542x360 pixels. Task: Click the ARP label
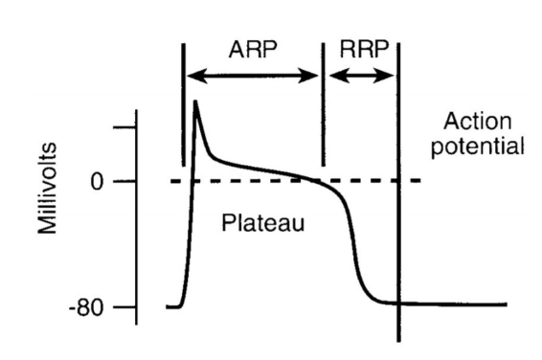[252, 49]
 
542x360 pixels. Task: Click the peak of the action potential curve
[195, 101]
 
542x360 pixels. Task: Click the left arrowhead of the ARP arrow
[190, 76]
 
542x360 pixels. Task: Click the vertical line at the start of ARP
[182, 105]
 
